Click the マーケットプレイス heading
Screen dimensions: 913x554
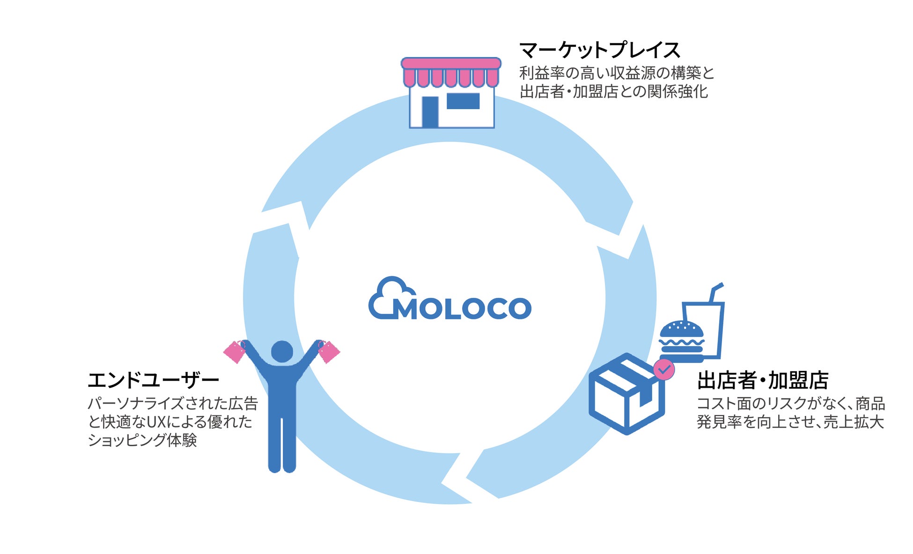point(599,50)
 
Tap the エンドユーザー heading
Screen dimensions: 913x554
point(153,380)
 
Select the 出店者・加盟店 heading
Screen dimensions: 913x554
point(763,380)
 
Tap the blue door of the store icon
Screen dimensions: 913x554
point(430,112)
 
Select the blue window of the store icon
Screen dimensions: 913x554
point(463,101)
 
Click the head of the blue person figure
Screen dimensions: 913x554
point(282,351)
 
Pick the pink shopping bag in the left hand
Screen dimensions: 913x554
point(235,352)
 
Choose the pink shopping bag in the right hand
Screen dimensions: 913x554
point(329,352)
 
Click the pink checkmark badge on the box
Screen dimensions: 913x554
point(664,369)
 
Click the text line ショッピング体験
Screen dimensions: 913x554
point(142,440)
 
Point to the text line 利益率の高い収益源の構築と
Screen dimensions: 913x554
point(617,73)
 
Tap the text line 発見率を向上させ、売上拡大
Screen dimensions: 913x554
point(790,422)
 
